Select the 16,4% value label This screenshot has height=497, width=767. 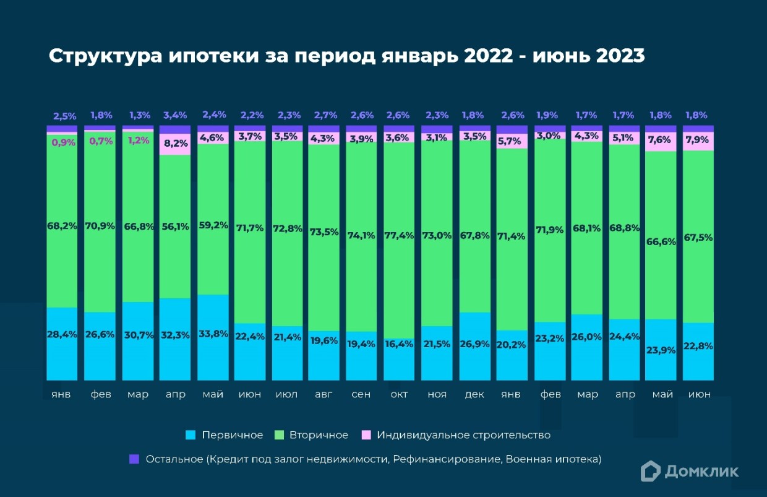(x=399, y=344)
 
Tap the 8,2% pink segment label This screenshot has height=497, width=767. (x=175, y=144)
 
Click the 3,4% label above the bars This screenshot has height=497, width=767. (x=175, y=115)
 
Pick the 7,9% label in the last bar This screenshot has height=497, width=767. (x=698, y=140)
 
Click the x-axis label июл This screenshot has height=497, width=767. (x=288, y=394)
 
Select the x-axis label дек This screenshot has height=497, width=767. (x=474, y=394)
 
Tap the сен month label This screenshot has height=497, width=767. (x=361, y=394)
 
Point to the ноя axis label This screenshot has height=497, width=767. (x=437, y=394)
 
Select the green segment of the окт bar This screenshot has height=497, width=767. (x=399, y=279)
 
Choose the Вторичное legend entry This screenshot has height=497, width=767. (x=319, y=435)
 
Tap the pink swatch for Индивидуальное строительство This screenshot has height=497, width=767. (x=366, y=435)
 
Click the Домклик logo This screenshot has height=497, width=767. (x=689, y=471)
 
